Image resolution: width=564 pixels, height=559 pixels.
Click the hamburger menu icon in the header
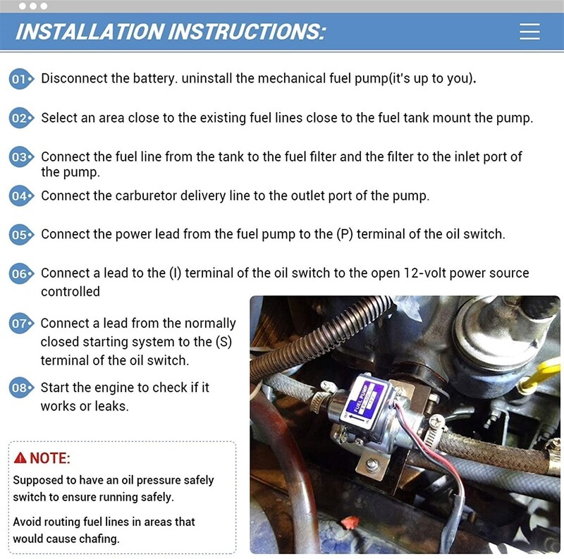tap(529, 32)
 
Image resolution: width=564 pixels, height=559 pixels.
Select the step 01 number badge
tap(20, 79)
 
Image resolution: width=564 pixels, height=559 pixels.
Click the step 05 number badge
tap(20, 235)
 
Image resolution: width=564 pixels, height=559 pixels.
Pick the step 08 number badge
tap(20, 388)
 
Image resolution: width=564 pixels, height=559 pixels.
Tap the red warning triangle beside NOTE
tap(20, 458)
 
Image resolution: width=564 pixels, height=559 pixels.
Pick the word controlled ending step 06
tap(70, 291)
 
